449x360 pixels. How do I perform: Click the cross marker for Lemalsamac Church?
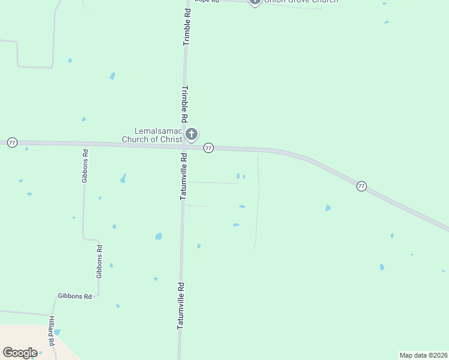click(191, 134)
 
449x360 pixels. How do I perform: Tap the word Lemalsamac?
click(157, 131)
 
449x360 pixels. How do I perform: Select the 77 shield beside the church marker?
click(208, 148)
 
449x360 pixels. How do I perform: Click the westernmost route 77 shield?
click(12, 143)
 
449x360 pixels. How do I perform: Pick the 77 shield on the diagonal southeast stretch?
click(361, 186)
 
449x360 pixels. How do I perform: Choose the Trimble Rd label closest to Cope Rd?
click(187, 26)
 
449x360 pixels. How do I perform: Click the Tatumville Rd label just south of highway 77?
click(183, 176)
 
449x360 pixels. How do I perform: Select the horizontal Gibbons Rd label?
click(74, 296)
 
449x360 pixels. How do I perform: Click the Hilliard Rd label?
click(52, 331)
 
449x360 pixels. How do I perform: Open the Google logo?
click(20, 353)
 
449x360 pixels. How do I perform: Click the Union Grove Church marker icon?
click(255, 1)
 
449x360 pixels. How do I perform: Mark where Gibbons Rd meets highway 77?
click(85, 145)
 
